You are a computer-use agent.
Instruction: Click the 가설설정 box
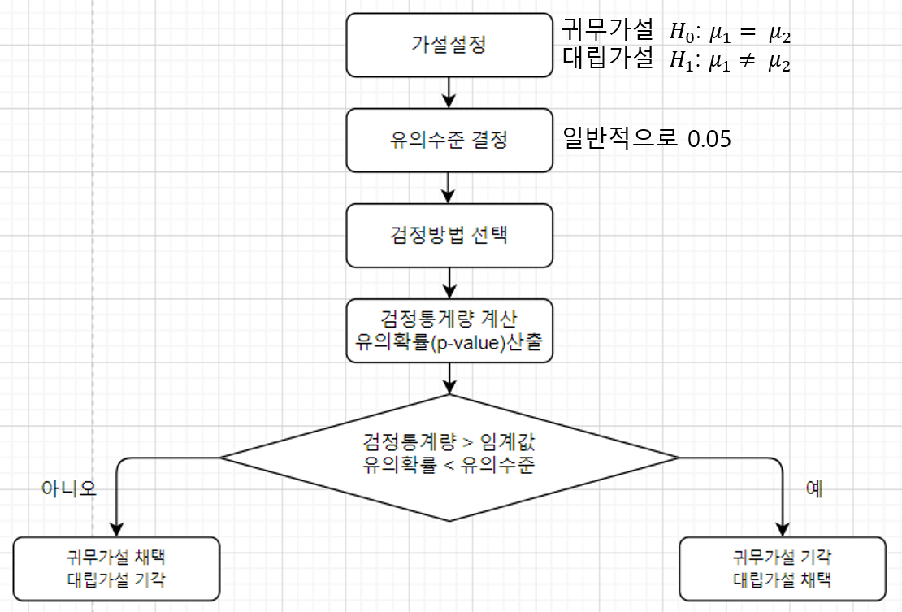tap(449, 44)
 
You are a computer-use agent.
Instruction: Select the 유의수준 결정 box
tap(449, 140)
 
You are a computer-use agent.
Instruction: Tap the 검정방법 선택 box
tap(449, 236)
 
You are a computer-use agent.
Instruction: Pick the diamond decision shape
tap(449, 456)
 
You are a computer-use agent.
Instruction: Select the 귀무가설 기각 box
tap(782, 568)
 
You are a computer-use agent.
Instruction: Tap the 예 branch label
tap(814, 488)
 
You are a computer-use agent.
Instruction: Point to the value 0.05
tap(709, 140)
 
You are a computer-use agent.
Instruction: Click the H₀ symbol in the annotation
tap(679, 33)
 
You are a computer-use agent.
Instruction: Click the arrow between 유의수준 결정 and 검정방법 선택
tap(449, 188)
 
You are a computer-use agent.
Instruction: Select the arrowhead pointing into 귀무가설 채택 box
tap(118, 529)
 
